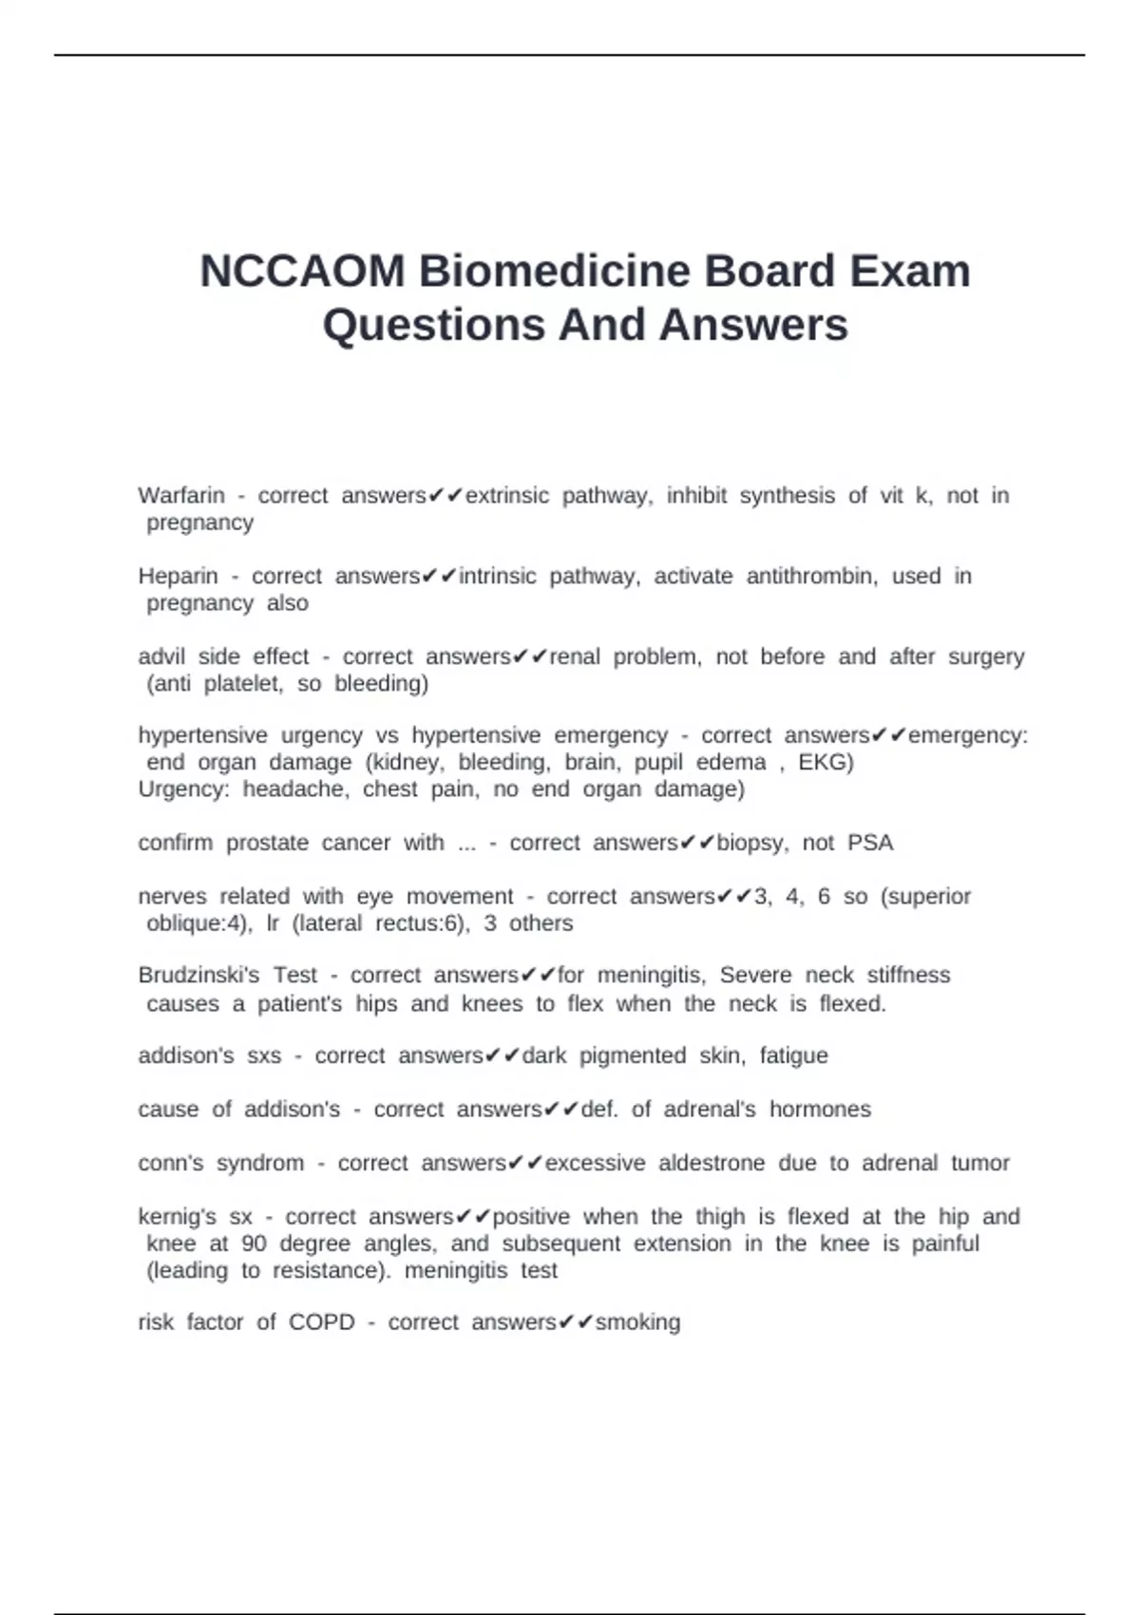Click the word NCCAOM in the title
pyautogui.click(x=302, y=272)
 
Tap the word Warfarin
pyautogui.click(x=181, y=496)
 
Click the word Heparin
pyautogui.click(x=178, y=577)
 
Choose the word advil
pyautogui.click(x=160, y=657)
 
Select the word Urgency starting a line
pyautogui.click(x=183, y=789)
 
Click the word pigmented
pyautogui.click(x=633, y=1056)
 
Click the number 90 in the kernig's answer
pyautogui.click(x=254, y=1244)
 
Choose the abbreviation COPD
pyautogui.click(x=322, y=1323)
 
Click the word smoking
pyautogui.click(x=637, y=1323)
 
